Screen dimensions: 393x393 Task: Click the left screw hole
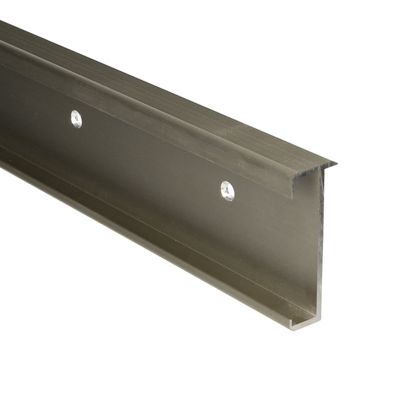(x=77, y=119)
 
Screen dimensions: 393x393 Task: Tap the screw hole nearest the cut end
(x=227, y=190)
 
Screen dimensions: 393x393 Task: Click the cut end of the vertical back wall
(x=319, y=249)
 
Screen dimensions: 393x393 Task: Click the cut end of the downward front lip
(x=292, y=186)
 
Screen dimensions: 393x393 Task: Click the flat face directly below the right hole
(x=227, y=236)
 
